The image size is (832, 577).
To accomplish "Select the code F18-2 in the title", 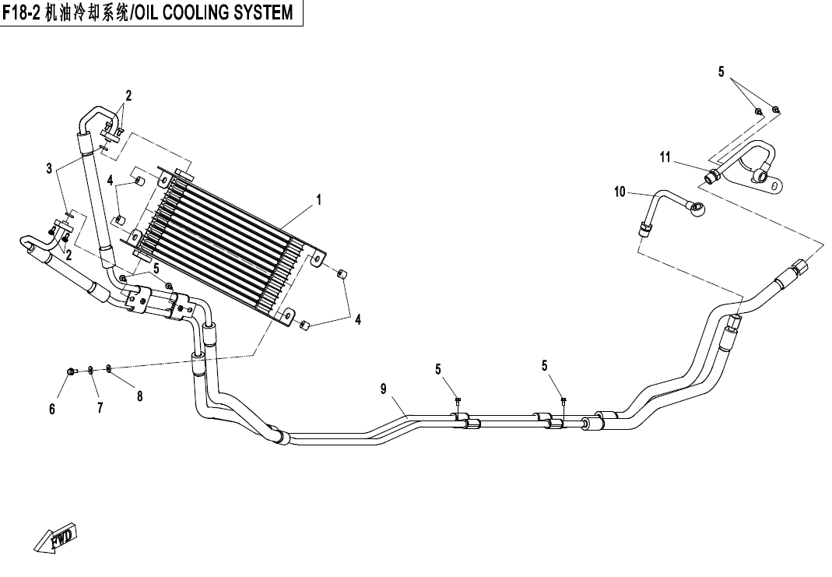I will (x=23, y=13).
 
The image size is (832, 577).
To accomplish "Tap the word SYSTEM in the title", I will (x=262, y=13).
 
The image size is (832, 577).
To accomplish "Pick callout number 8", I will (x=140, y=396).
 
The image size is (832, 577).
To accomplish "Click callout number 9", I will (x=384, y=389).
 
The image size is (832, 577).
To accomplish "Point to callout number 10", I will (x=620, y=192).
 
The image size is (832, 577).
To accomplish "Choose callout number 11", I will (x=665, y=158).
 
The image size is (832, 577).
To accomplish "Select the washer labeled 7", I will (x=91, y=369).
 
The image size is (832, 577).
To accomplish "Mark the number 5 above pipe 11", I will (x=721, y=72).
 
